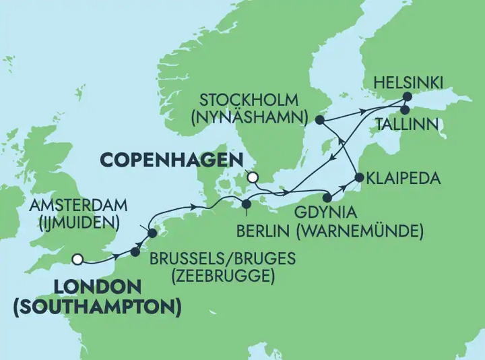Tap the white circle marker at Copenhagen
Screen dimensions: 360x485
(x=253, y=178)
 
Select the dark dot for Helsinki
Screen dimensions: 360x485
(x=408, y=96)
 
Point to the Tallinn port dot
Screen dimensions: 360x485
(x=405, y=110)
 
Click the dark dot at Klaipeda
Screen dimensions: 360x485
(x=358, y=179)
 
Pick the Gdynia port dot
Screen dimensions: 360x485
(x=328, y=198)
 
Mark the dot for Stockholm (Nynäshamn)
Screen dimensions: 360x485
(x=319, y=120)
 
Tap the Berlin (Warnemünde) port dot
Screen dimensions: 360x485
(x=247, y=204)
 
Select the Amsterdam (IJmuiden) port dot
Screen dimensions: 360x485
(x=152, y=233)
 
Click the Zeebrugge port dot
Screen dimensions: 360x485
(x=135, y=251)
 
